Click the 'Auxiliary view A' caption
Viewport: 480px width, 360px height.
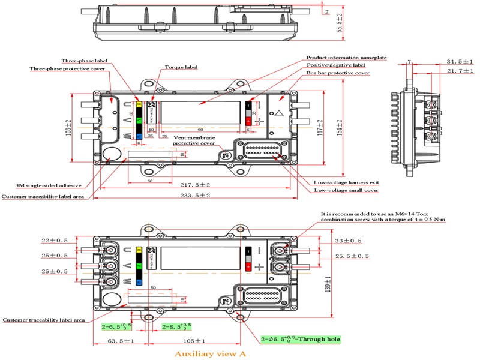click(x=210, y=354)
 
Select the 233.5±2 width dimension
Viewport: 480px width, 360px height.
click(x=196, y=196)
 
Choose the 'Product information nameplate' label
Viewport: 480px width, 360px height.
click(x=346, y=58)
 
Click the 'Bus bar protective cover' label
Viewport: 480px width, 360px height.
click(x=338, y=73)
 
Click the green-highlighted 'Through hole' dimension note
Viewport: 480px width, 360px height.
click(x=300, y=340)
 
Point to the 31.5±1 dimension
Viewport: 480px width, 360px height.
click(x=460, y=61)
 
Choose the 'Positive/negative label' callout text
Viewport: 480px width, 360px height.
click(x=335, y=65)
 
